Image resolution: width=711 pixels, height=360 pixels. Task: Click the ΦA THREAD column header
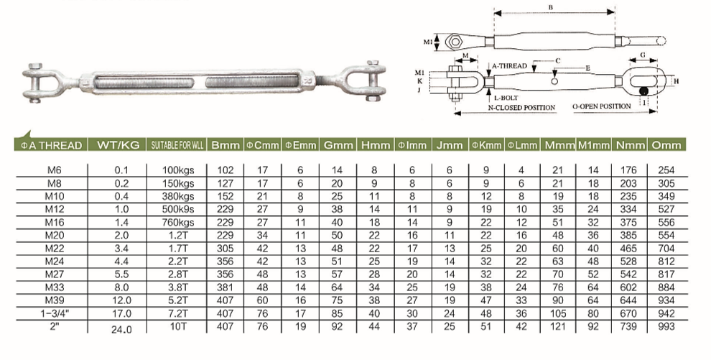[52, 145]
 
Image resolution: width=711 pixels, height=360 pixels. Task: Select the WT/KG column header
[118, 145]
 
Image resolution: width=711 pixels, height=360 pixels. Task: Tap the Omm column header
[666, 145]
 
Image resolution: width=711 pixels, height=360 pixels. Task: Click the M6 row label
[55, 170]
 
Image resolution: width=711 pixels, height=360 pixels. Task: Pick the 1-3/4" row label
[55, 313]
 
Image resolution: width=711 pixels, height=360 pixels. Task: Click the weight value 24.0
[121, 330]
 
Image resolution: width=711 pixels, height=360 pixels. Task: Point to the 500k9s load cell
[178, 210]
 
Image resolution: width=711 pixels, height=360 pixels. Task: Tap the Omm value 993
[666, 326]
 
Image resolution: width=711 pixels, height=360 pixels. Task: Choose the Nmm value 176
[628, 170]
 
